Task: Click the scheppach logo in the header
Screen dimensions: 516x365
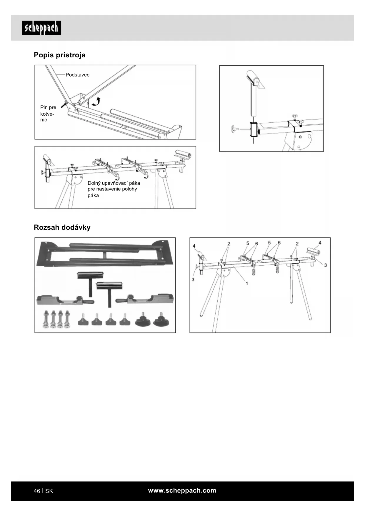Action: click(41, 28)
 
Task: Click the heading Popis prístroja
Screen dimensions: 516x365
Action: click(59, 55)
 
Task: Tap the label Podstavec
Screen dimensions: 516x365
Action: click(77, 75)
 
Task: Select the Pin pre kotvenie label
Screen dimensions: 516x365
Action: click(48, 113)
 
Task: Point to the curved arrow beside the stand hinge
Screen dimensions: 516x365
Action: click(96, 101)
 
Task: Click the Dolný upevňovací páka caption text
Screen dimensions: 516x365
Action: click(114, 189)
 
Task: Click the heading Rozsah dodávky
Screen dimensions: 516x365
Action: click(62, 227)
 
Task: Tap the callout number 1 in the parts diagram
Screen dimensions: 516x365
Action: click(247, 283)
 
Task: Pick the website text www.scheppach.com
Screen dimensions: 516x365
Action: click(182, 490)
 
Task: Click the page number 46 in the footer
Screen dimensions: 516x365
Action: click(37, 491)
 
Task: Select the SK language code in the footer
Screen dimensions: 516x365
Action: click(49, 491)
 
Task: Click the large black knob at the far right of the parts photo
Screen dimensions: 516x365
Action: click(161, 320)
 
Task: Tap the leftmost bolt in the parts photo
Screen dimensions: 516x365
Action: click(46, 319)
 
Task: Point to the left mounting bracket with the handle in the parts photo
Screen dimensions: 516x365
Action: click(65, 299)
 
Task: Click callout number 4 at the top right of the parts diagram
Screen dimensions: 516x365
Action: click(320, 243)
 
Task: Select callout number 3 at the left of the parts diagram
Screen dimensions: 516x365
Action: click(193, 279)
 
